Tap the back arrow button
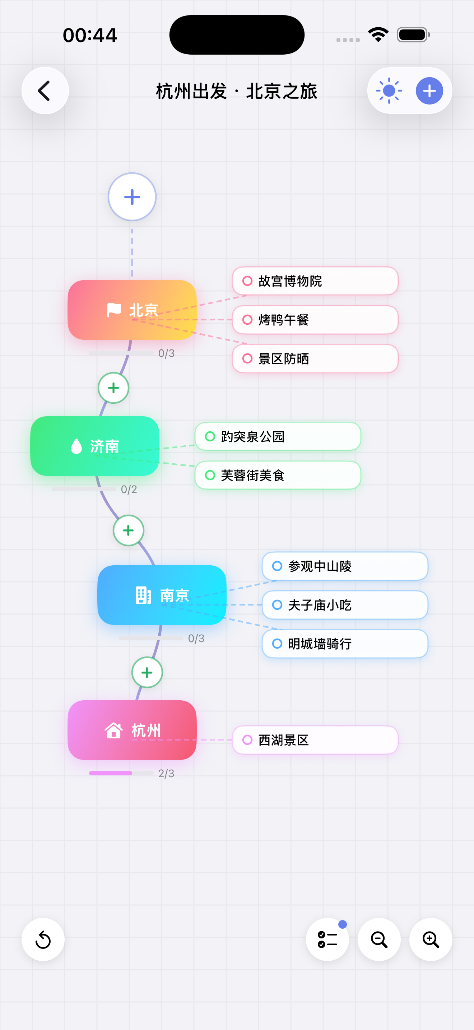pyautogui.click(x=45, y=91)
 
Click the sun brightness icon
pyautogui.click(x=389, y=91)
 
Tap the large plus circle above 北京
pyautogui.click(x=132, y=197)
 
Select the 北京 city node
pyautogui.click(x=132, y=310)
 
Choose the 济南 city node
pyautogui.click(x=95, y=446)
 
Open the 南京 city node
pyautogui.click(x=162, y=595)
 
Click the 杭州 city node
pyautogui.click(x=132, y=730)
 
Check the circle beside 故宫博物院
pyautogui.click(x=247, y=281)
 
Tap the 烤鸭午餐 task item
pyautogui.click(x=315, y=320)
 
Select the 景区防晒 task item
pyautogui.click(x=315, y=359)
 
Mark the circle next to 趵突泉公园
pyautogui.click(x=210, y=436)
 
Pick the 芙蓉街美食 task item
pyautogui.click(x=278, y=475)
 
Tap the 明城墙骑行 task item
pyautogui.click(x=345, y=644)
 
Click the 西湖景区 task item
pyautogui.click(x=315, y=740)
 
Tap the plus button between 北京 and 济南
pyautogui.click(x=113, y=388)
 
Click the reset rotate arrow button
pyautogui.click(x=43, y=939)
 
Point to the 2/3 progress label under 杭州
pyautogui.click(x=166, y=773)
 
